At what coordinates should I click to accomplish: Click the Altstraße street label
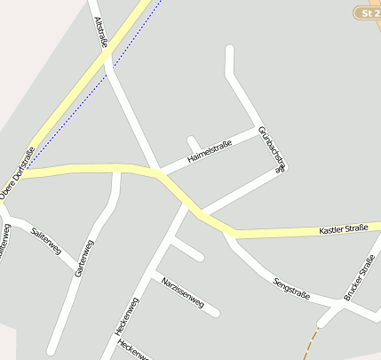(100, 33)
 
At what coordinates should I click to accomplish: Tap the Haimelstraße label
(209, 152)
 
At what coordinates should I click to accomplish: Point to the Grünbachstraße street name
(272, 149)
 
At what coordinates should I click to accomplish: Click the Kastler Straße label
(343, 230)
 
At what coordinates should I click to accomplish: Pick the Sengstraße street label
(291, 288)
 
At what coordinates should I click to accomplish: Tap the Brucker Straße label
(359, 279)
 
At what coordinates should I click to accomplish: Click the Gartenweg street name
(85, 258)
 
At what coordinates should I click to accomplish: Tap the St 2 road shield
(367, 13)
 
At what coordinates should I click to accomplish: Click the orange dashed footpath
(311, 342)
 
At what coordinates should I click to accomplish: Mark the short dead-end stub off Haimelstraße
(191, 140)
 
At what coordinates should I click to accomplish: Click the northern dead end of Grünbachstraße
(229, 50)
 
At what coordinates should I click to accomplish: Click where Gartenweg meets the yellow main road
(117, 169)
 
